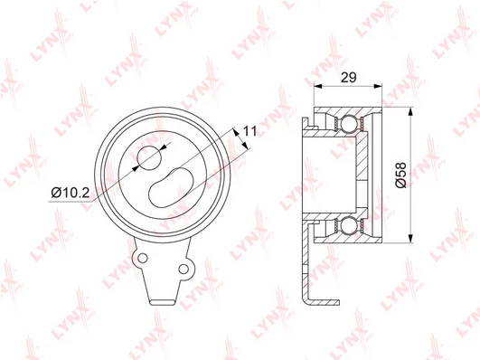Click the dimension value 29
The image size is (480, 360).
click(349, 77)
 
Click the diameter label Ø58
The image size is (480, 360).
click(400, 175)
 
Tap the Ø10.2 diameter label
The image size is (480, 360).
click(71, 193)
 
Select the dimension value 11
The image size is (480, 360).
click(249, 131)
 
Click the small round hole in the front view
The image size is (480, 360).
click(149, 157)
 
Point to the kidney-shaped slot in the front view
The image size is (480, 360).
click(171, 187)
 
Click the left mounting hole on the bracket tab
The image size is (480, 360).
click(142, 258)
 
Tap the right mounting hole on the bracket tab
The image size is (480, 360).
click(184, 269)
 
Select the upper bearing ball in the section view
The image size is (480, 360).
click(348, 124)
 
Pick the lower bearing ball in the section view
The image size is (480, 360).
click(348, 225)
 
